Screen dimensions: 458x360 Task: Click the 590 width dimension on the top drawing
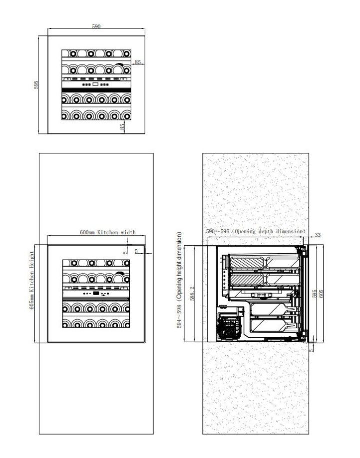(x=96, y=26)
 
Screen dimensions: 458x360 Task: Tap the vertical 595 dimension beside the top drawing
(x=36, y=85)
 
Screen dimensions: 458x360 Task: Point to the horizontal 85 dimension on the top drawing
(x=138, y=62)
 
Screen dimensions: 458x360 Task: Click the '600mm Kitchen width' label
(x=108, y=232)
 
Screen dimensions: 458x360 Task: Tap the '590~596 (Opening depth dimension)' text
(x=256, y=232)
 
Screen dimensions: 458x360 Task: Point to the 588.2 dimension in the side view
(x=193, y=293)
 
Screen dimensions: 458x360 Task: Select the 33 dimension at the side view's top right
(x=318, y=235)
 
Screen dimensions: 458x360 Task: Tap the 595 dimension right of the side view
(x=315, y=294)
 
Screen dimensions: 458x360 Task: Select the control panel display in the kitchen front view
(x=95, y=295)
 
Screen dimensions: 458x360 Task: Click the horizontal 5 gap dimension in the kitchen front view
(x=136, y=251)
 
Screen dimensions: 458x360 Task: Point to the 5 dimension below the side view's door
(x=312, y=350)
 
